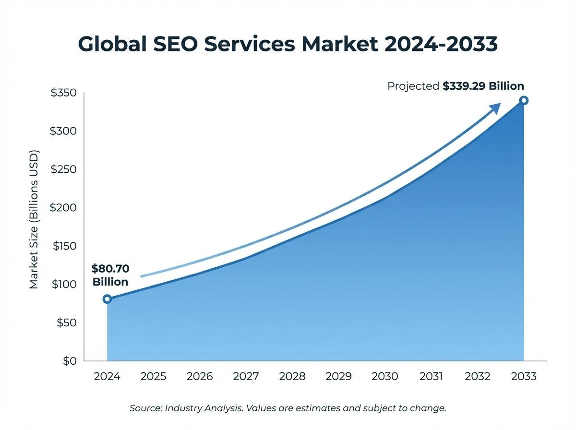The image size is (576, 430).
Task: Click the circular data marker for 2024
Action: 107,299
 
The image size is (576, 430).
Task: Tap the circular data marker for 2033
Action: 524,100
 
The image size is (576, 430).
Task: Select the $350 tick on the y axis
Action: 63,93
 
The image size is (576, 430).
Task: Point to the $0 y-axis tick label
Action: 70,361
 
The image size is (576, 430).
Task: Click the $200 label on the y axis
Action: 63,207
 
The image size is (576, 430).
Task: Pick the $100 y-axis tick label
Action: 63,284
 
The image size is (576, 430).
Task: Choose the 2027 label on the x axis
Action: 246,376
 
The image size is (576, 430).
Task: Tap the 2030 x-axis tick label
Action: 385,376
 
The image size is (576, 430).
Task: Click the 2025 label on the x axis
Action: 154,376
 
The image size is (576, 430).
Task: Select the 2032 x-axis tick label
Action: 478,376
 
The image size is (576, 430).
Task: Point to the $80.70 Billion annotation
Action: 110,275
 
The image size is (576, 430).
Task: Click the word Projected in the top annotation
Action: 413,86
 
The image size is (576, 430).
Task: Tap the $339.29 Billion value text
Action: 483,86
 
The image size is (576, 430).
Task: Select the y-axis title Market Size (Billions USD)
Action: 34,220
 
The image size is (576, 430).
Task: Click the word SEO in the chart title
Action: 176,44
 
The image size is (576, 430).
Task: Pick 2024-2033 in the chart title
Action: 441,44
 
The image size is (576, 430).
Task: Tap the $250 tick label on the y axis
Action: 63,169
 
